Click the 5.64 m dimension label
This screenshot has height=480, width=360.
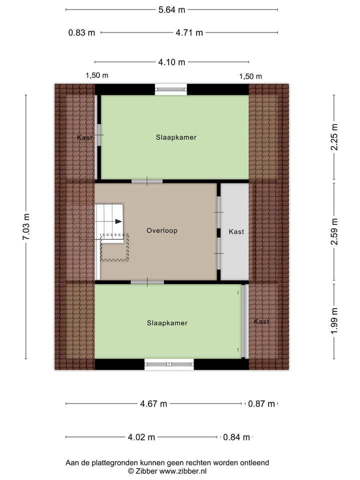pos(171,9)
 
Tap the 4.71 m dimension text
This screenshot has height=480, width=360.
pos(189,33)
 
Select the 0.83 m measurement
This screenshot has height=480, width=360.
pos(81,33)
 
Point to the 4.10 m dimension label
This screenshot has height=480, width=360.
pos(171,62)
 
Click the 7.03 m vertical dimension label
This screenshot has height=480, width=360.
pos(26,227)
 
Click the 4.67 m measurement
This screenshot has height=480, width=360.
pos(153,404)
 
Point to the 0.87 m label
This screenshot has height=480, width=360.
pos(261,404)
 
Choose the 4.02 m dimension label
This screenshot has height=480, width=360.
pos(141,437)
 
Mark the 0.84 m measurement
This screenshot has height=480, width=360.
pos(236,437)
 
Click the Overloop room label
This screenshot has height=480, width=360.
pos(162,230)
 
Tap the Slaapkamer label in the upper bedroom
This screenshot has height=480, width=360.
pos(175,137)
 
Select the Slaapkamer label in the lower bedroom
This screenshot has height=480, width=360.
pos(167,323)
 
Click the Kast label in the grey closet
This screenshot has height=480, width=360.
pos(236,231)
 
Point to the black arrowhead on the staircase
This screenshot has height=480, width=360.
pos(118,221)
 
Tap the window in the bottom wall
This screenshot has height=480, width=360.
pos(169,364)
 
